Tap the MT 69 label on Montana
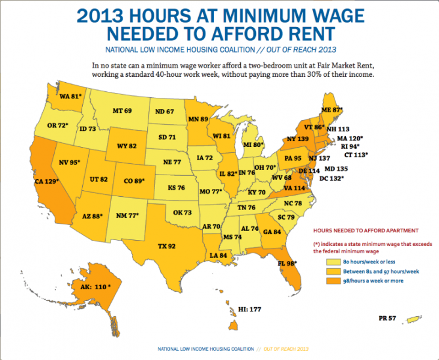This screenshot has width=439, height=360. coord(122,110)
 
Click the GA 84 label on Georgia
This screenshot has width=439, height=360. coord(273,233)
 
